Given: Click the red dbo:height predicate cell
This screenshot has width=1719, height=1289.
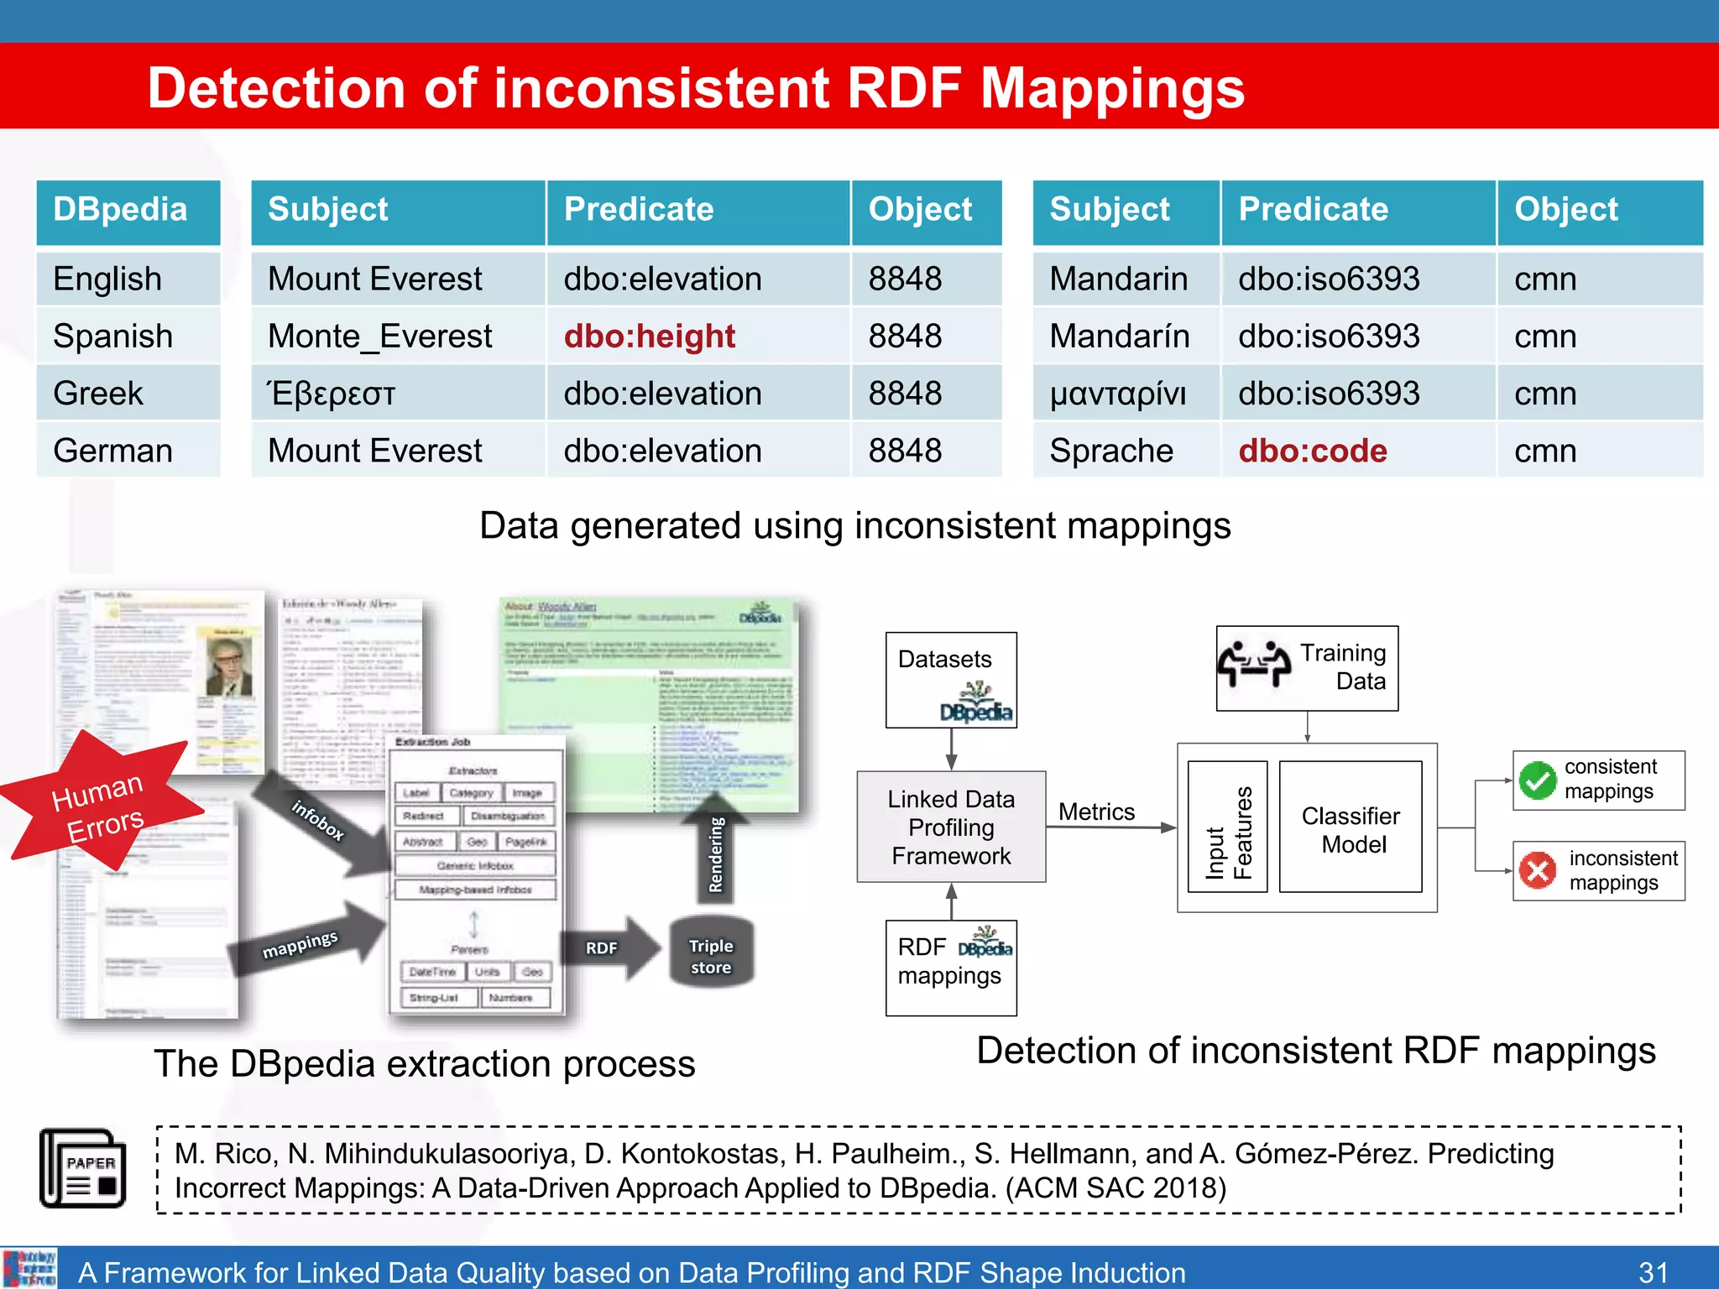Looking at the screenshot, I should pos(649,337).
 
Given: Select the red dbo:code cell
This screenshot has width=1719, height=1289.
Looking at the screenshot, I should pos(1312,451).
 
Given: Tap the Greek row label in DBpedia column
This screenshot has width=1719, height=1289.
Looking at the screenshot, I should pos(98,394).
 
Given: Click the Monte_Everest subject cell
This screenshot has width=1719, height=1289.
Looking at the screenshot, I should pos(379,337).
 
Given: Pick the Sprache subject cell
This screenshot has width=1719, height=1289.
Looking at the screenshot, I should pos(1110,451).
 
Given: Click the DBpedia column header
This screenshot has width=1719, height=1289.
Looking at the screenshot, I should pos(121,210).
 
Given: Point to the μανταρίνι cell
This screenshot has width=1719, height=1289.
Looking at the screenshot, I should pos(1117,394).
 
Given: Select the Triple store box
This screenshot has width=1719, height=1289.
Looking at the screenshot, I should pos(710,956).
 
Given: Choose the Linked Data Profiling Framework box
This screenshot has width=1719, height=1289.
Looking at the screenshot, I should pos(950,827).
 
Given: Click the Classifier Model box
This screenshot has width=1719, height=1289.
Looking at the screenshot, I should pos(1350,829).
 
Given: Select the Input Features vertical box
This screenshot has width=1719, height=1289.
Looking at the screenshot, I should pos(1227,829).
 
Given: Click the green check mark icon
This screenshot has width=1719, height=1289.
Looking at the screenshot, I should pos(1538,780).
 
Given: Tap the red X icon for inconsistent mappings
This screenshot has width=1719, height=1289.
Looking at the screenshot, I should pos(1538,871).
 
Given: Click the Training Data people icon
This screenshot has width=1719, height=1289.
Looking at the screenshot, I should pos(1254,665).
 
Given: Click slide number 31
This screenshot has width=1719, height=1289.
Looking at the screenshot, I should pos(1653,1271).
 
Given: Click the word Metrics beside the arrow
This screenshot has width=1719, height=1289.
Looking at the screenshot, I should pos(1095,811).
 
